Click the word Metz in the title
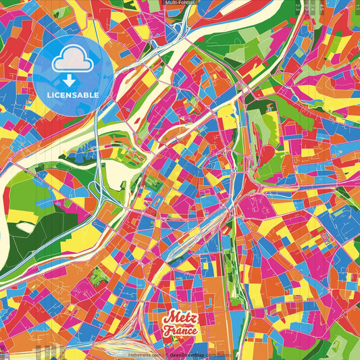pos(179,318)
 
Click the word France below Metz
pos(179,331)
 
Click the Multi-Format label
pos(180,3)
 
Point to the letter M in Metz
pos(169,317)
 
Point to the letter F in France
pos(166,331)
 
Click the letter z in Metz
pos(192,318)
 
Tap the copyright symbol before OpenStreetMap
pos(166,354)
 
